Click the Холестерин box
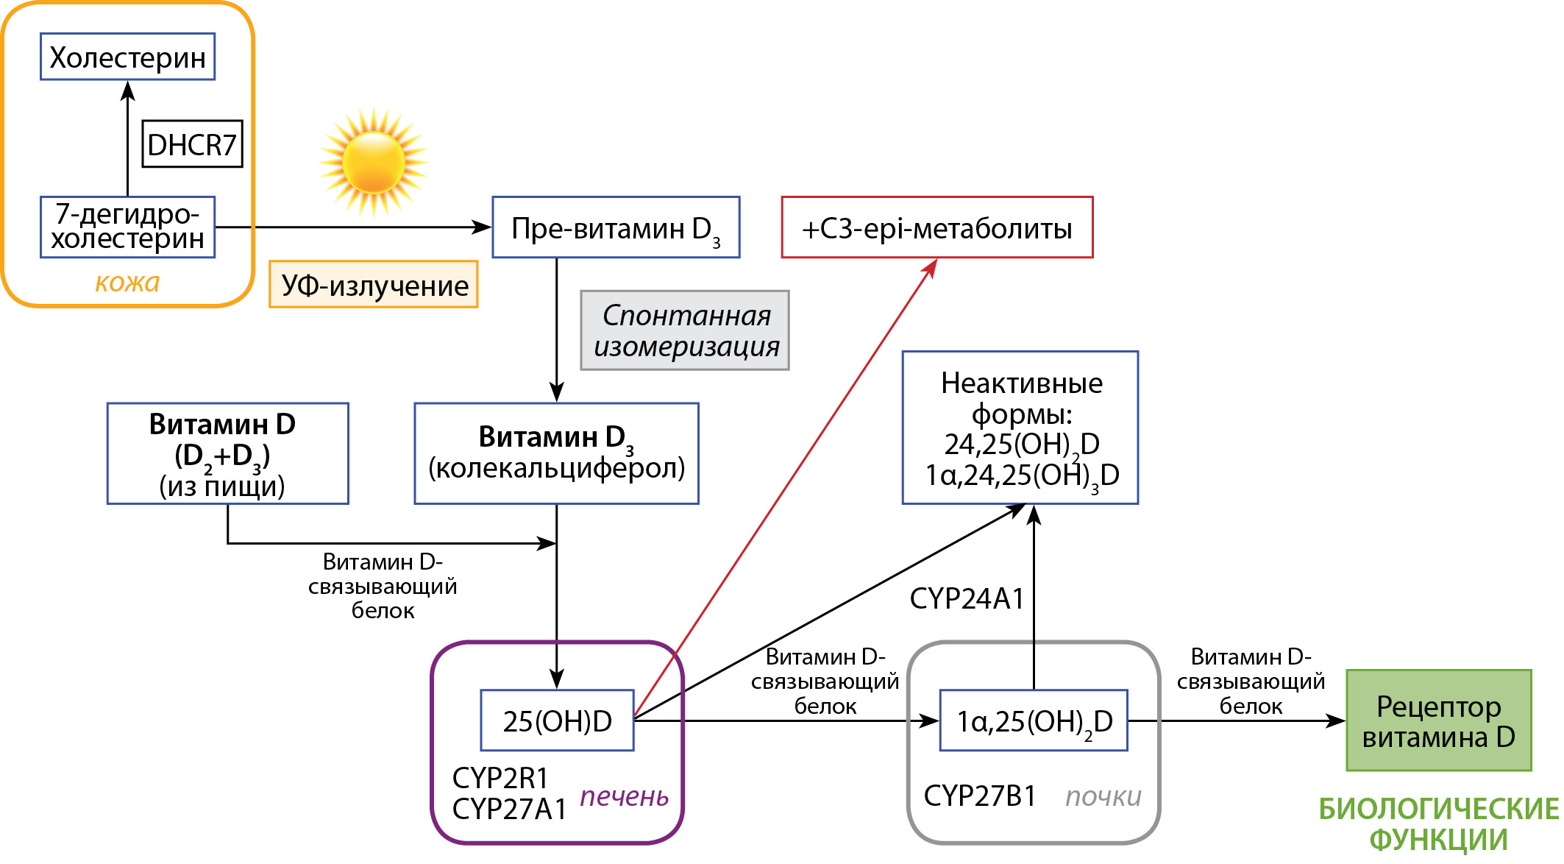tap(127, 57)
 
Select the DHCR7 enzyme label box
tap(192, 144)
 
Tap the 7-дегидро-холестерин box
tap(127, 227)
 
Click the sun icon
tap(374, 162)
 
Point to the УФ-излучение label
tap(374, 285)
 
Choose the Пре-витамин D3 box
tap(616, 227)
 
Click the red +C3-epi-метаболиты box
tap(936, 227)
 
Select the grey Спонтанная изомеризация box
tap(685, 330)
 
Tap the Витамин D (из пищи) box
tap(227, 453)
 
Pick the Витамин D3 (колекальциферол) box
tap(556, 453)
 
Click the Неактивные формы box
tap(1020, 428)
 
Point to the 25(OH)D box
tap(557, 720)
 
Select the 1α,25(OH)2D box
tap(1034, 720)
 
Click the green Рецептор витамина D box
tap(1438, 720)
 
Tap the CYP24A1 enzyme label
tap(967, 599)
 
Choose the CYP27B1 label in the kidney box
tap(979, 796)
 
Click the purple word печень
tap(624, 796)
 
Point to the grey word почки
tap(1103, 796)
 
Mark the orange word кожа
tap(127, 283)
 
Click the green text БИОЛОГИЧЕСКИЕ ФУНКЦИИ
tap(1438, 824)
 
